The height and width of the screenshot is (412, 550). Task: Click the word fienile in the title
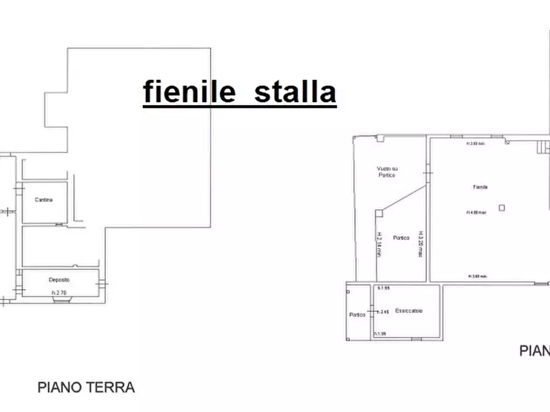point(189,92)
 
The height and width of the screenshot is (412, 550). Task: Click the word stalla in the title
point(295,92)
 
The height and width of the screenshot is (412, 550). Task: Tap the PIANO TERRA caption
point(86,387)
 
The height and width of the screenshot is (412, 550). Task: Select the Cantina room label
point(44,200)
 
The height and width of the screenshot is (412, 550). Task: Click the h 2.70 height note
point(59,292)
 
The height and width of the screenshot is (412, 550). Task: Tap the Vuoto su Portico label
point(386,172)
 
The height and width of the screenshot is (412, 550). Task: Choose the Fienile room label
point(480,186)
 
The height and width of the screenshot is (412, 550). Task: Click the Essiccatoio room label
point(409,310)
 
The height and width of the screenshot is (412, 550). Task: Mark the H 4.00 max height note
point(477,213)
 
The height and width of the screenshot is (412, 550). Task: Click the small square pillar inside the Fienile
point(502,208)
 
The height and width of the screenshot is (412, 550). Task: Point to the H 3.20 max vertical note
point(421,244)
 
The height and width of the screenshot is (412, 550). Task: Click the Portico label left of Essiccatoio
point(357,314)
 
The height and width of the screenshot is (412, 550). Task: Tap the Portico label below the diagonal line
point(402,238)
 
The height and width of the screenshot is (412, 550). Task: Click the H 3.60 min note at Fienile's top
point(477,144)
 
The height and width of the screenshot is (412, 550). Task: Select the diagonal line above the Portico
point(403,197)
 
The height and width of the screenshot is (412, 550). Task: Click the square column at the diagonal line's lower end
point(378,213)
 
